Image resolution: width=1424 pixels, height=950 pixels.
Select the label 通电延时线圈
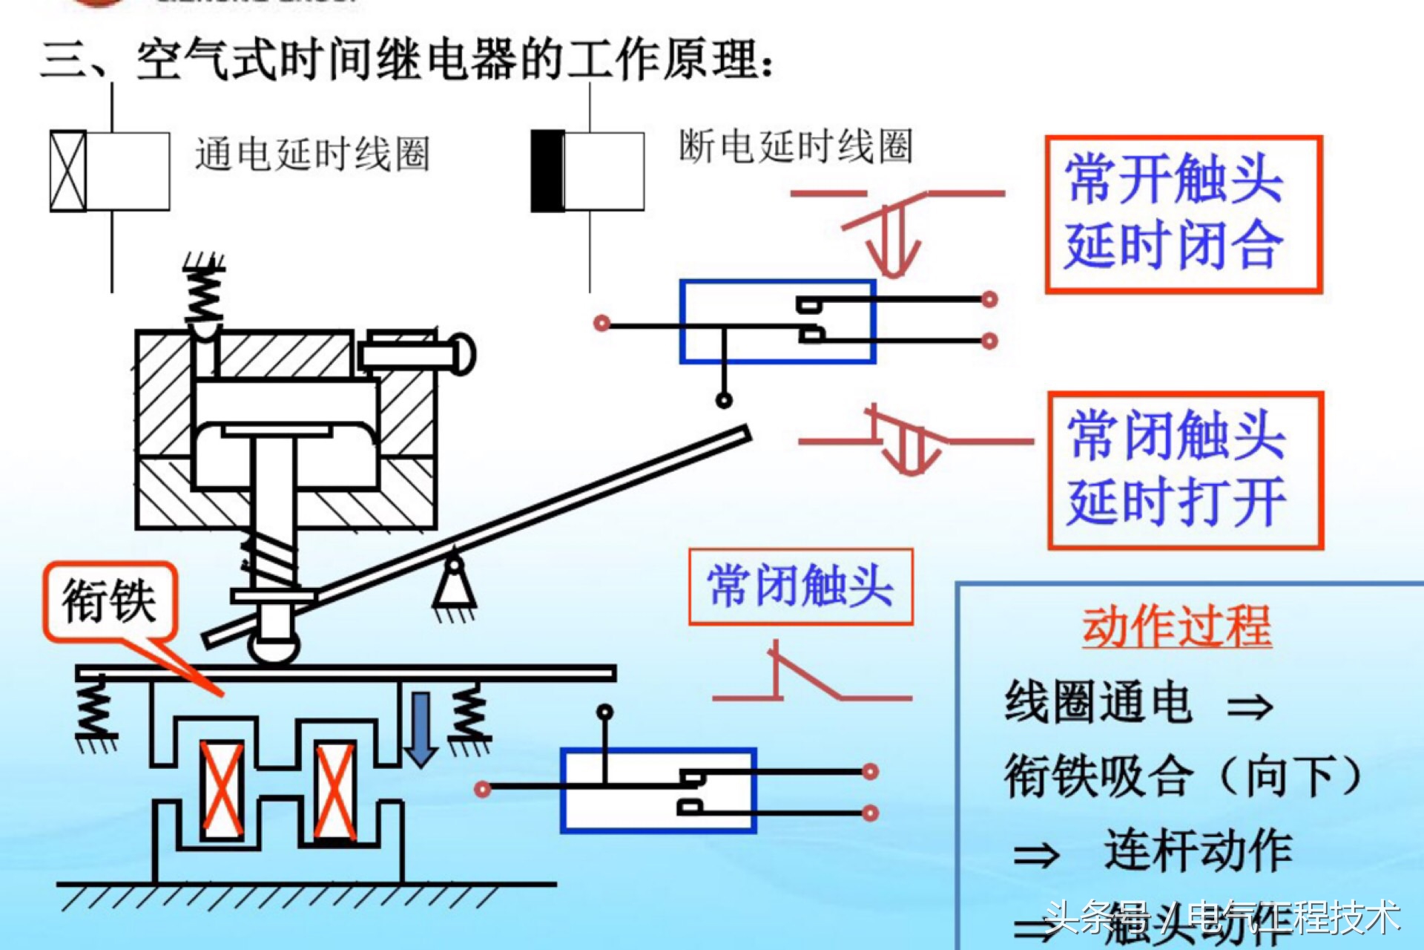[311, 154]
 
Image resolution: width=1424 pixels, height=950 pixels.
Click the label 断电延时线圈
[795, 145]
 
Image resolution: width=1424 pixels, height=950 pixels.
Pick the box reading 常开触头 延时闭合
[1183, 214]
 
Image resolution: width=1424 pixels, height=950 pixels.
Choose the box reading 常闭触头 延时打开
[1185, 471]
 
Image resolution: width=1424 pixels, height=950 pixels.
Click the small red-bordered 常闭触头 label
[800, 586]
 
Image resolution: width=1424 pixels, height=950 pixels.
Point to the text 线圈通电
[1098, 702]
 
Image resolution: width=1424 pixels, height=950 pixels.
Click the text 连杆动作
[1197, 851]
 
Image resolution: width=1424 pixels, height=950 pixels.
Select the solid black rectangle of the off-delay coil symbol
[547, 171]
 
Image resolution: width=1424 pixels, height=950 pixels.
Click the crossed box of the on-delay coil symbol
[67, 171]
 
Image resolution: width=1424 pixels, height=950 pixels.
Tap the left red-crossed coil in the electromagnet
[222, 790]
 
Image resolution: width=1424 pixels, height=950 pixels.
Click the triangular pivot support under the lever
[454, 586]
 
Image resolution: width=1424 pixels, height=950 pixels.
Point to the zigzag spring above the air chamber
[204, 293]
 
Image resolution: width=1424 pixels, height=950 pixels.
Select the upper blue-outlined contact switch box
[777, 321]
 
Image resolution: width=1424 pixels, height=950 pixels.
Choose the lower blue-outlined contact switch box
[658, 790]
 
